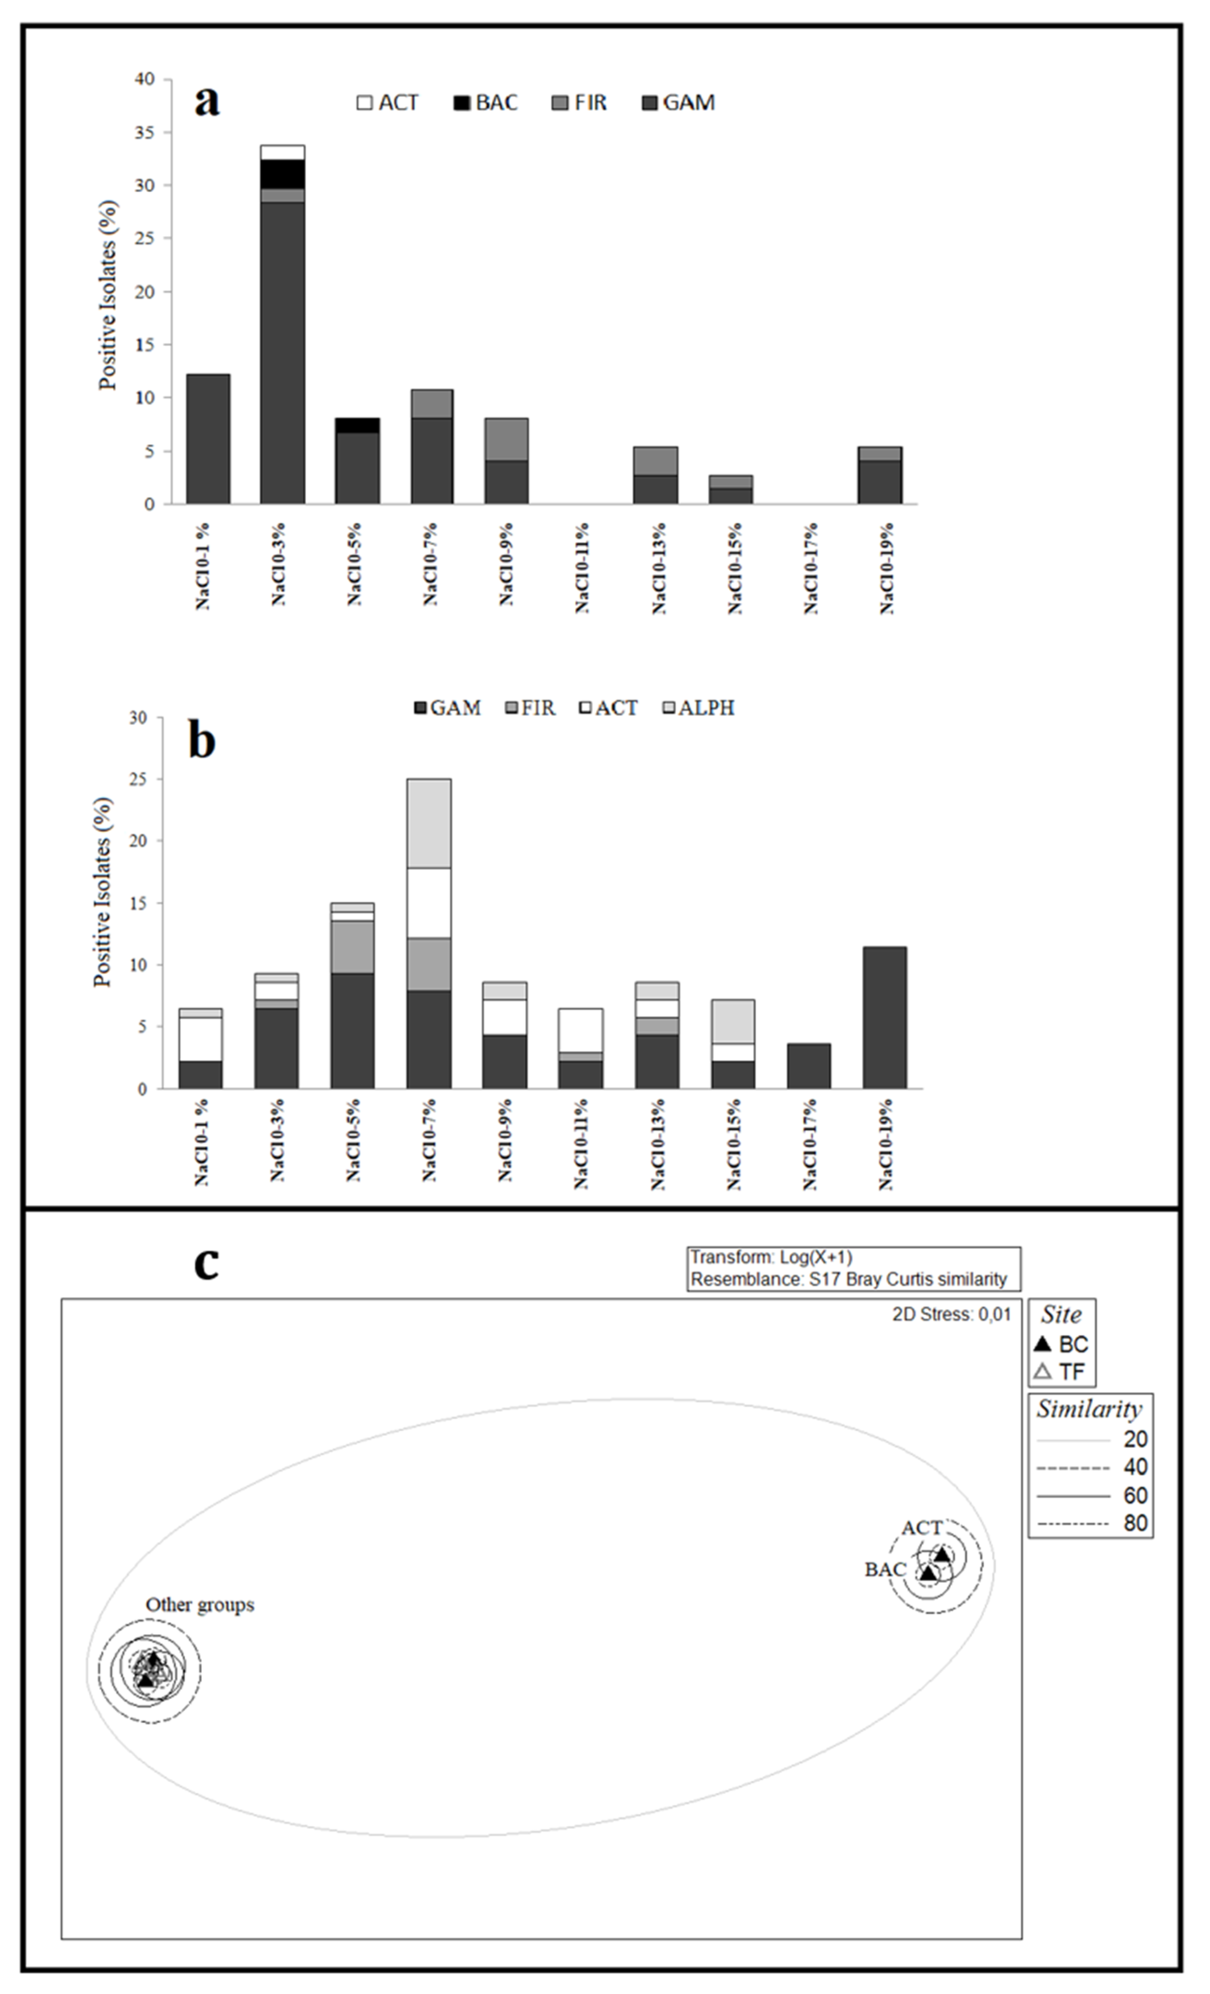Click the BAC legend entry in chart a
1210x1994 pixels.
coord(486,103)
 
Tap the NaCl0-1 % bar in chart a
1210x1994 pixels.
coord(208,439)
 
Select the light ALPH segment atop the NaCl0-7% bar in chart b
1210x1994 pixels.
coord(429,823)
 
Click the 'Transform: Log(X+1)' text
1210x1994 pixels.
coord(771,1257)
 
